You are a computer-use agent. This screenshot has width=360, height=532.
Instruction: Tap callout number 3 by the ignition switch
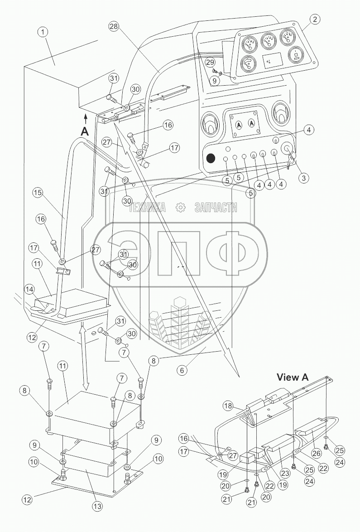[x=304, y=178]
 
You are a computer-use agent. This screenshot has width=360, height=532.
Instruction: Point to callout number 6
[x=182, y=370]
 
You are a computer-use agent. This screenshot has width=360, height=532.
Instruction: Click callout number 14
[x=29, y=288]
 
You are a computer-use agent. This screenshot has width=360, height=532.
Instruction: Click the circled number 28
[x=115, y=27]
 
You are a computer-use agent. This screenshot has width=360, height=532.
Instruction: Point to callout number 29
[x=209, y=62]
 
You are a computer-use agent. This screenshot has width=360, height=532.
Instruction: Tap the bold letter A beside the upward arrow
[x=85, y=131]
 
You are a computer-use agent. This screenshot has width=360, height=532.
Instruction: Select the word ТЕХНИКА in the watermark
[x=148, y=208]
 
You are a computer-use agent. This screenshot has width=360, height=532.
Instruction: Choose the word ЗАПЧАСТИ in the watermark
[x=216, y=208]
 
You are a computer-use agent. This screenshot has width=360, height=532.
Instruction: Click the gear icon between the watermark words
[x=180, y=208]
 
